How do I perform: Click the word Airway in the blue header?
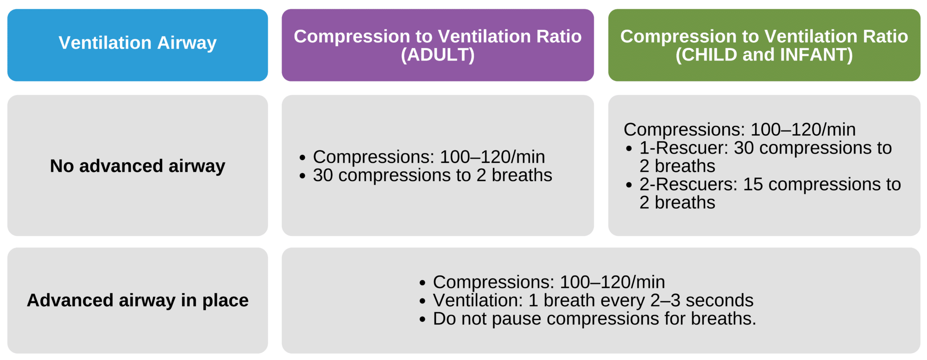(186, 43)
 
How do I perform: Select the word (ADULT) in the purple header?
(438, 55)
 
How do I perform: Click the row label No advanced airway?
(138, 166)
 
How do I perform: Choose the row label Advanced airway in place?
(138, 301)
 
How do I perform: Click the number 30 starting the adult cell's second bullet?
(323, 176)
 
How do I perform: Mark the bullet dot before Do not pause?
(422, 320)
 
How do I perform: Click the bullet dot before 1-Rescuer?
(629, 149)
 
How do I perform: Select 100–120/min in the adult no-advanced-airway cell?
(492, 157)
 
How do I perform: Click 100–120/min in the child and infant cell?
(803, 130)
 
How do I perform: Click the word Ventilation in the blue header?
(105, 43)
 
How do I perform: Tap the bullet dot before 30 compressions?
(302, 176)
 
